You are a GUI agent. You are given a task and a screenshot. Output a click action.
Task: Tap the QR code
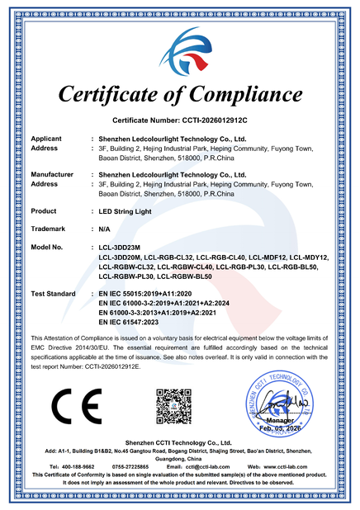click(173, 404)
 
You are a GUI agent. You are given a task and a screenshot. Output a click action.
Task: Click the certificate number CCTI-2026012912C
click(212, 119)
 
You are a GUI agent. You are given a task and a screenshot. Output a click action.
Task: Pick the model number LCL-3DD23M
click(120, 247)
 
